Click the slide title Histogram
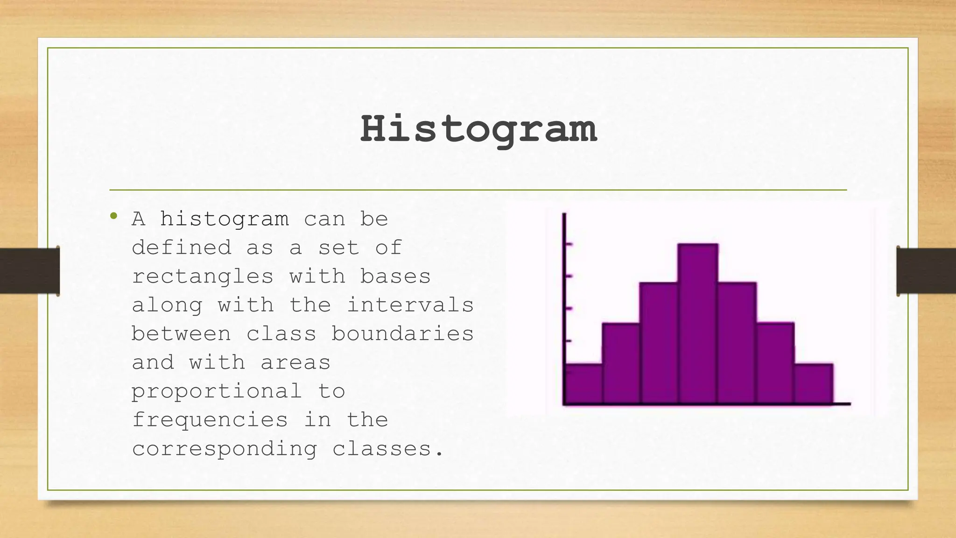click(x=478, y=129)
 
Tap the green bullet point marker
click(x=113, y=216)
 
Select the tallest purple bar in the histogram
click(x=698, y=323)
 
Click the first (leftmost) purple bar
click(x=583, y=383)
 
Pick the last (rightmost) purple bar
click(x=813, y=383)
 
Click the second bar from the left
click(x=621, y=363)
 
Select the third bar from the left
click(x=659, y=343)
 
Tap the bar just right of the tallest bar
click(x=737, y=343)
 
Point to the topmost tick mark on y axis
click(x=568, y=244)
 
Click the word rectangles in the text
click(x=202, y=276)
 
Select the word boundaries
click(x=402, y=334)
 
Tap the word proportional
click(x=217, y=391)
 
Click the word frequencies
click(x=210, y=420)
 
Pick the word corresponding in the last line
click(x=224, y=449)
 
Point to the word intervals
click(x=410, y=305)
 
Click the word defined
click(x=181, y=248)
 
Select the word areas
click(x=295, y=363)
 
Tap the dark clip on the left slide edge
click(x=29, y=271)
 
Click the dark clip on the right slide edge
click(x=926, y=271)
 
